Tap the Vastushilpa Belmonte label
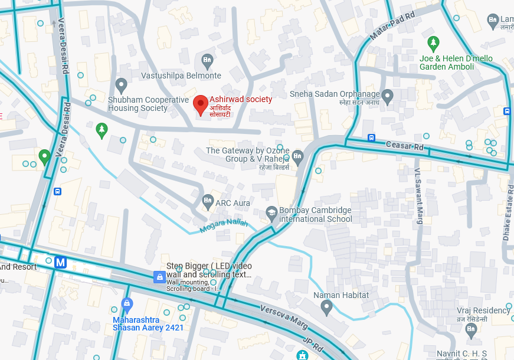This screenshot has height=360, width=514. (x=181, y=76)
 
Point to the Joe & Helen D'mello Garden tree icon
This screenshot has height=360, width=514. (x=434, y=42)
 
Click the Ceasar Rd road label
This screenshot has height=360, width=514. (x=405, y=145)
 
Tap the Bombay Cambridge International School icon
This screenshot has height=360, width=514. (x=271, y=212)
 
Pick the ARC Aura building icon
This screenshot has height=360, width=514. (x=207, y=202)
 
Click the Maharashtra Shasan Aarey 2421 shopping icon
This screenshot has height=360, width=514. (x=126, y=304)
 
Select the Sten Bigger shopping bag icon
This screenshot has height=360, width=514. (x=158, y=277)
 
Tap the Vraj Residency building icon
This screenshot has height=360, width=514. (x=471, y=330)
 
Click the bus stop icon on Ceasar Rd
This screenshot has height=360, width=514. (x=371, y=138)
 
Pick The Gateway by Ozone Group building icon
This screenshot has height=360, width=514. (x=297, y=156)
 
